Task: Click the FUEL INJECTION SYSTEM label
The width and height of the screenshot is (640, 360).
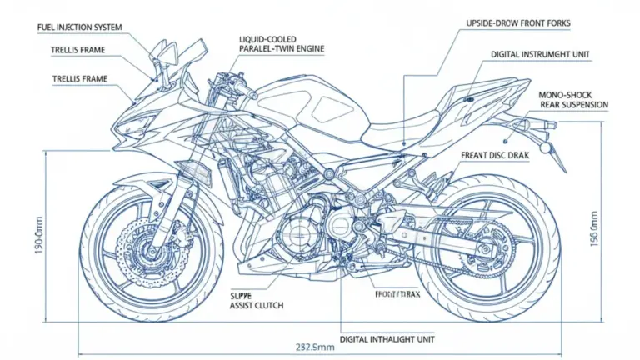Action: pos(80,27)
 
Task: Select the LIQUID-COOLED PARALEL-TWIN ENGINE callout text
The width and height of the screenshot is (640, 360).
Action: pos(281,44)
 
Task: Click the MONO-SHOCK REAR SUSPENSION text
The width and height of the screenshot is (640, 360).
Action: pos(573,99)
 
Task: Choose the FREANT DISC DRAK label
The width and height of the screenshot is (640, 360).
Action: pos(494,155)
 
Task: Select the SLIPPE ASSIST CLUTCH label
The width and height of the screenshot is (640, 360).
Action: pos(255,300)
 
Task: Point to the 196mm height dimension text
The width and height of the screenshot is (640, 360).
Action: pos(594,228)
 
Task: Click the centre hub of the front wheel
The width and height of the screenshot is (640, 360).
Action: pos(150,247)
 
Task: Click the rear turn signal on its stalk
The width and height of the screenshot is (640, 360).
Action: pos(546,147)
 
